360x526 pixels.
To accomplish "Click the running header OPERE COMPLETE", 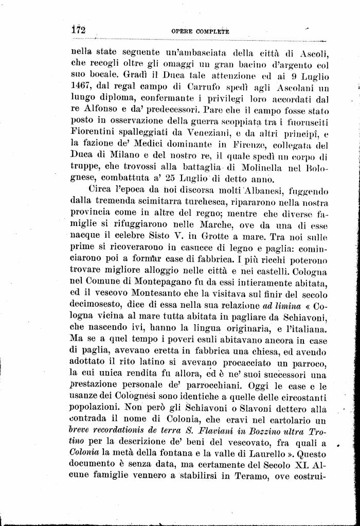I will click(x=200, y=31).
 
